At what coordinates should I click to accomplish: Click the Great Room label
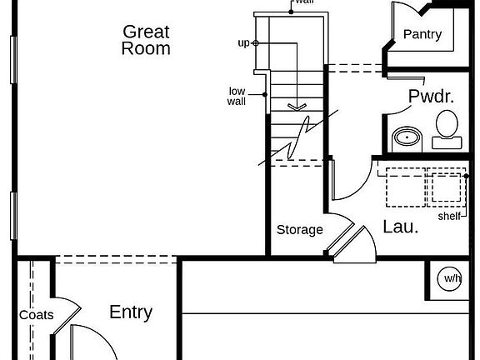(x=146, y=40)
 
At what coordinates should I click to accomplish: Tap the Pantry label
(x=422, y=34)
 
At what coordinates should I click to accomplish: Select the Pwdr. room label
(x=431, y=96)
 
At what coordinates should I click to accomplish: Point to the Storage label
(x=300, y=230)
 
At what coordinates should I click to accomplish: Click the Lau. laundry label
(x=400, y=227)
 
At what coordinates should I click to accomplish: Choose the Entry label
(x=131, y=312)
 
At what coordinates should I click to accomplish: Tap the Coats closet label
(x=37, y=315)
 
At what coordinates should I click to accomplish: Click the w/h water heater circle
(x=449, y=278)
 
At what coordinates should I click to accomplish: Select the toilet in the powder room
(x=447, y=130)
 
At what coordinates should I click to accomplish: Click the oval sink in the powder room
(x=407, y=137)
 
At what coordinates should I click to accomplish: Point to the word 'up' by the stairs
(x=243, y=43)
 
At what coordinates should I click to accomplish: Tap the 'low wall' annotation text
(x=237, y=96)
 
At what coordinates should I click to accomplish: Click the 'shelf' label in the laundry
(x=449, y=217)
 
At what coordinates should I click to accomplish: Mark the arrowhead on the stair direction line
(x=297, y=107)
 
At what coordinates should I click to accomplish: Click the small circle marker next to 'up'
(x=256, y=43)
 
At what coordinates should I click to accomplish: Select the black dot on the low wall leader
(x=265, y=95)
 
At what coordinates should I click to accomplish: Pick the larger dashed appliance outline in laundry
(x=406, y=187)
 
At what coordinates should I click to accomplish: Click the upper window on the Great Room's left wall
(x=13, y=60)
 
